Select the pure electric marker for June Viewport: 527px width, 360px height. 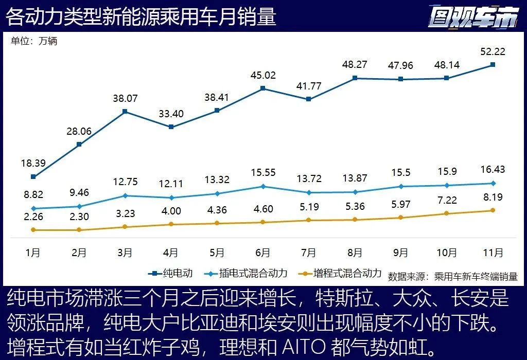tap(262, 88)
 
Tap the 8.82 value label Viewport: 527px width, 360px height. tap(33, 195)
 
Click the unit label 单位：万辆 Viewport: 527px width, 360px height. tap(34, 42)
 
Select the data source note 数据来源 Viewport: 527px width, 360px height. tap(453, 276)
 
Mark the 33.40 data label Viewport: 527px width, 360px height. tap(171, 114)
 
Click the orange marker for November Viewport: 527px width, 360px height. tap(493, 210)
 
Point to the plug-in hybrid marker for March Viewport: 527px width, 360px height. tap(125, 195)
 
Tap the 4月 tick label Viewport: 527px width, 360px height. tap(171, 253)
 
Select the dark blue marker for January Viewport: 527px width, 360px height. tap(33, 176)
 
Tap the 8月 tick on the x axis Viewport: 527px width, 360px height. tap(355, 253)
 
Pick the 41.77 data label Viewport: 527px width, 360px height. tap(308, 85)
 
